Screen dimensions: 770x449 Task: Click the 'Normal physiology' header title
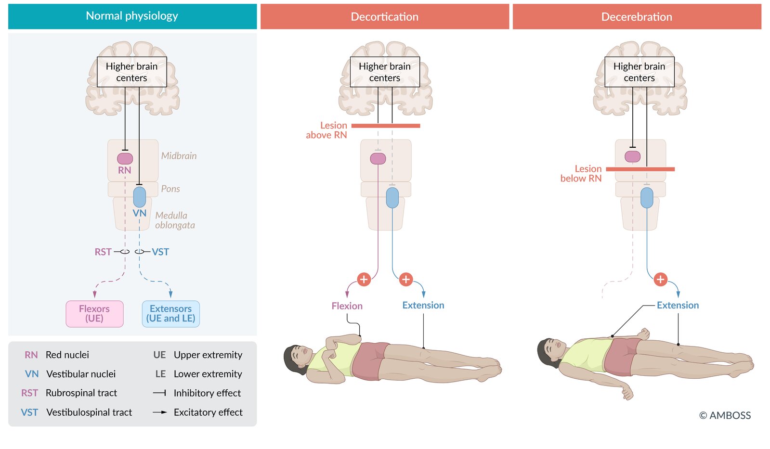point(132,16)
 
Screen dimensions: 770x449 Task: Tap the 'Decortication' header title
point(384,16)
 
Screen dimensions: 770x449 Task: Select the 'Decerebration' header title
point(637,16)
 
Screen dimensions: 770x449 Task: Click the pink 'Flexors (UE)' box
point(94,314)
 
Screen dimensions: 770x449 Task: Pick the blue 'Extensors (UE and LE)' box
point(171,314)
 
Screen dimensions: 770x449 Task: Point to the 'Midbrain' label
point(179,155)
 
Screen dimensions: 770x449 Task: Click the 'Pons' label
point(170,189)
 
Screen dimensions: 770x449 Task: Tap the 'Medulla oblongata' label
point(175,220)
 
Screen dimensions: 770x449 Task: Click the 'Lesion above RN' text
point(326,130)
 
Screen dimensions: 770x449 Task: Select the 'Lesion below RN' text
point(581,173)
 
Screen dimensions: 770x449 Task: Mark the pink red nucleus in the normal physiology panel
point(125,158)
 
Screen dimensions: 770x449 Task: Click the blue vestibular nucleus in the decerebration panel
point(647,197)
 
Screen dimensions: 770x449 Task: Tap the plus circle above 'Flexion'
point(364,279)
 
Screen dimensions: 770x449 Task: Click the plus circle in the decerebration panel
point(660,279)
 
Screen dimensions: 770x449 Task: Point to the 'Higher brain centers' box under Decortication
point(385,72)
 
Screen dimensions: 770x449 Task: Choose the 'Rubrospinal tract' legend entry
point(69,393)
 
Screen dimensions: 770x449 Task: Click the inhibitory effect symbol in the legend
point(159,393)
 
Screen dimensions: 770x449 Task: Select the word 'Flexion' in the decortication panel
point(347,306)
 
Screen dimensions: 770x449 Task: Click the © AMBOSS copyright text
point(725,415)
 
